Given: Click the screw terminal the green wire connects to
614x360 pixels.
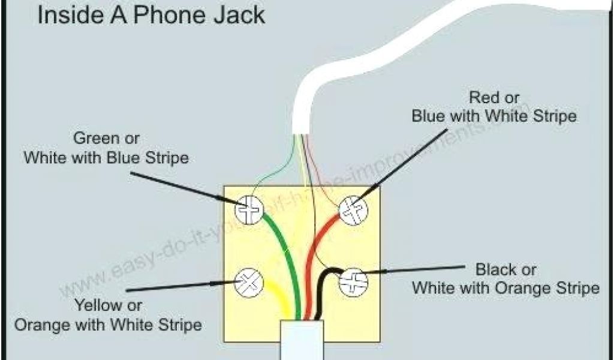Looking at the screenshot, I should tap(249, 210).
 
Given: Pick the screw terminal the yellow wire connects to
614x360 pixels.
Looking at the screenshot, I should tap(249, 282).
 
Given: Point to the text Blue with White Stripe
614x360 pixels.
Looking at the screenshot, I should tap(494, 116).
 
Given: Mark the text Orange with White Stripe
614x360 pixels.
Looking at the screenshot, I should tap(108, 325).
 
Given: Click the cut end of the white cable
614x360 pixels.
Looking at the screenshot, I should tap(301, 131).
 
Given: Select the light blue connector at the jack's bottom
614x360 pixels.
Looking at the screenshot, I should tap(303, 340).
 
